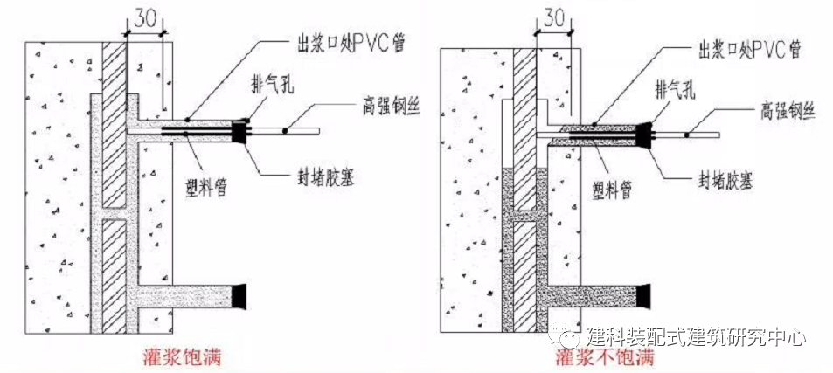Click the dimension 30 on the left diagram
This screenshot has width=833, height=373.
click(x=145, y=18)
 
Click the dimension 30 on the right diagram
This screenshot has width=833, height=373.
click(x=553, y=17)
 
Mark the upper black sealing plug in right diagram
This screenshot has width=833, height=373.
click(x=648, y=134)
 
